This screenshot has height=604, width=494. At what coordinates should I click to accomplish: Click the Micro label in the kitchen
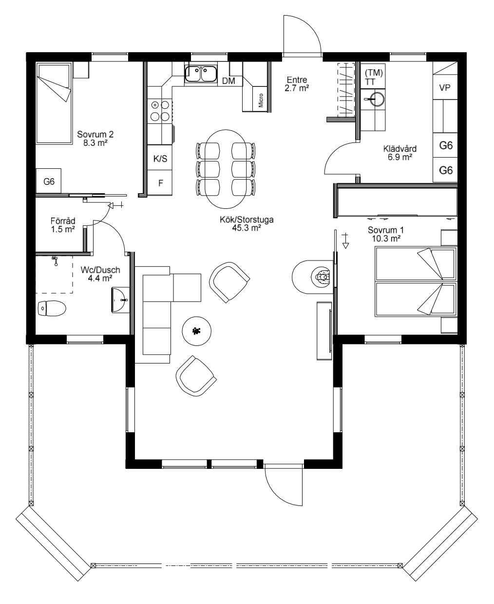261,100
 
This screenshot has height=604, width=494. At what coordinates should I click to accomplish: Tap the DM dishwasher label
228,81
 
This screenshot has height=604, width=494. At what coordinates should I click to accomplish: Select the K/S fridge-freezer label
160,159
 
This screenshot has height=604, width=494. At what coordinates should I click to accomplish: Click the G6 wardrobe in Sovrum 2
49,181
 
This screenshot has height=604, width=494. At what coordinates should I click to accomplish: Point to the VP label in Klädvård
444,87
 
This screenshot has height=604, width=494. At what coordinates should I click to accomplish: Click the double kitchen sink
201,74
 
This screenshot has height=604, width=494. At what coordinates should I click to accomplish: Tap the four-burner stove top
160,111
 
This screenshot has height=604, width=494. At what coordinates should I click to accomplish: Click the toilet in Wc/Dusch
52,308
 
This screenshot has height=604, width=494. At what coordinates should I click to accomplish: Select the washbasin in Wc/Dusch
120,300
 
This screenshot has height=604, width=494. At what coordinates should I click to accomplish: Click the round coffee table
197,331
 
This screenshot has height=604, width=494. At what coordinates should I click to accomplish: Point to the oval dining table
226,169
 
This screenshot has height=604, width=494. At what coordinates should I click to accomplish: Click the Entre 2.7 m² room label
297,84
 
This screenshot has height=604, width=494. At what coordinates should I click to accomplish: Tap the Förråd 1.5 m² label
63,225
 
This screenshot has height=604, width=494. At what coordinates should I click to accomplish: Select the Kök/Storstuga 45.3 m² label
247,223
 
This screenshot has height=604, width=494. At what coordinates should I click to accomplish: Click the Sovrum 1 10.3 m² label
386,234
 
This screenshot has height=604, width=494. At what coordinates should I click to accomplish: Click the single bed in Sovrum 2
54,103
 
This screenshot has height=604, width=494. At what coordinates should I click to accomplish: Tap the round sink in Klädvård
373,99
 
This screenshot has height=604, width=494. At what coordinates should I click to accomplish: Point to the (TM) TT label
374,77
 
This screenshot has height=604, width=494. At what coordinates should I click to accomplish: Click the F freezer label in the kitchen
161,183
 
